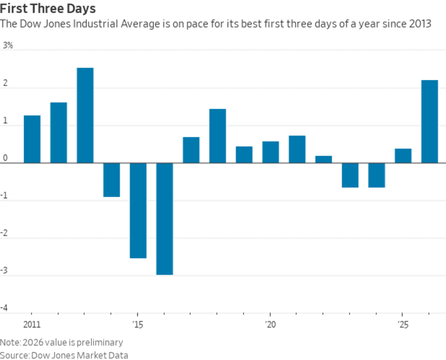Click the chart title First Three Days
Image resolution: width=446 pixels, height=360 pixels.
click(48, 9)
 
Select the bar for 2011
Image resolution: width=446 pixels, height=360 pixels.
click(32, 139)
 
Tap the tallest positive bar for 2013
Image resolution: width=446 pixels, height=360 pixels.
click(85, 115)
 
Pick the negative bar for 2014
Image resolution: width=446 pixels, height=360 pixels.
click(111, 180)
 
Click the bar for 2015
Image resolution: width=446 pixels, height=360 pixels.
click(138, 210)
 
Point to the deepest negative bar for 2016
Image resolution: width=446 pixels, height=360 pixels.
click(165, 219)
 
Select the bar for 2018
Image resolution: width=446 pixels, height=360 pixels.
click(217, 136)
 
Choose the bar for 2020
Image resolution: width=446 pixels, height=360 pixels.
click(270, 152)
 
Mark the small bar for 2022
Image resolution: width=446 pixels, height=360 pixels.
click(324, 159)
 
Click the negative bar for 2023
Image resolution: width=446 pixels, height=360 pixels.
click(350, 175)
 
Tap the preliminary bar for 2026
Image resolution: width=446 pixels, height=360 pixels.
click(429, 121)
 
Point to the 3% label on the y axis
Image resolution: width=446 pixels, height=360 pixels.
click(8, 45)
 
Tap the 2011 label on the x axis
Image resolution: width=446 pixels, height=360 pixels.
click(32, 324)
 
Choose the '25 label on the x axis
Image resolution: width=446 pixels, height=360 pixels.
click(403, 324)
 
